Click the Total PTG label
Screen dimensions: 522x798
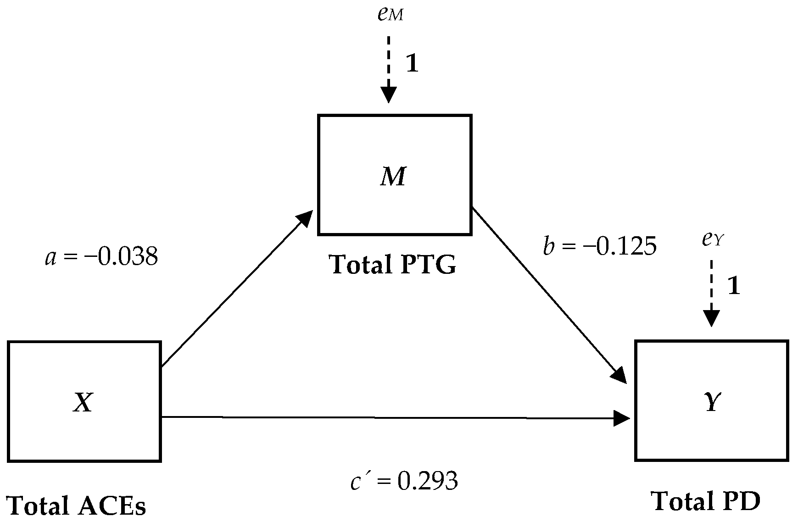[393, 265]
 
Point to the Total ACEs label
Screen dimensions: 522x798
[77, 506]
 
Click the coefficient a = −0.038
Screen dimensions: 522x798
[101, 257]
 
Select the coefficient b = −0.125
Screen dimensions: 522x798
[599, 246]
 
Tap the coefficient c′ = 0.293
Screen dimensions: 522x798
[404, 481]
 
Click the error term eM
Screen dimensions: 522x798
[391, 15]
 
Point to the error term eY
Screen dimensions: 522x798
[713, 240]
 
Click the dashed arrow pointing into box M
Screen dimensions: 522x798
[389, 69]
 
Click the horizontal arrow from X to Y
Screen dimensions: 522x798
[395, 417]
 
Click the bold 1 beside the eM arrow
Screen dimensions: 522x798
[412, 63]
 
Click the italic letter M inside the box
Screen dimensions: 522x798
[393, 177]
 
